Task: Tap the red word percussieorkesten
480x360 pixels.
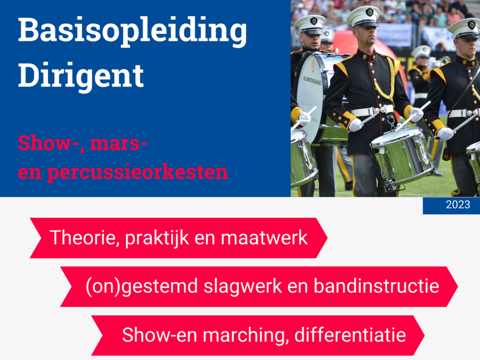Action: click(137, 172)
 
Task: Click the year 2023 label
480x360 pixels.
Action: click(457, 204)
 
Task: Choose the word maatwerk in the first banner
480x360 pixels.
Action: click(264, 238)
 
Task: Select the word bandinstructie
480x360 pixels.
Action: click(376, 286)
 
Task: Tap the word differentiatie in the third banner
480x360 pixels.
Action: click(350, 335)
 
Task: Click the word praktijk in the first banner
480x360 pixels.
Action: click(157, 238)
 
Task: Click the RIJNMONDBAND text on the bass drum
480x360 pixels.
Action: click(312, 81)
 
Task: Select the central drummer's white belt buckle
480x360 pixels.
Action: click(388, 109)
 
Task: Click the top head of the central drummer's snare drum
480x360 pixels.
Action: click(397, 136)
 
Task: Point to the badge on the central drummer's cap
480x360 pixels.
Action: click(369, 12)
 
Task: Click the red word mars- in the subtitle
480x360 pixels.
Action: click(119, 143)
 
